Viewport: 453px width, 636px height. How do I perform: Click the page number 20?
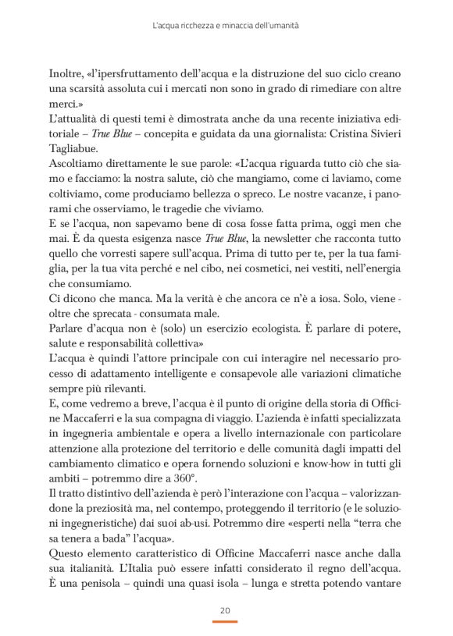(x=226, y=610)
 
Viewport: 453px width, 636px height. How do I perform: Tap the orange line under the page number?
(x=226, y=622)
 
